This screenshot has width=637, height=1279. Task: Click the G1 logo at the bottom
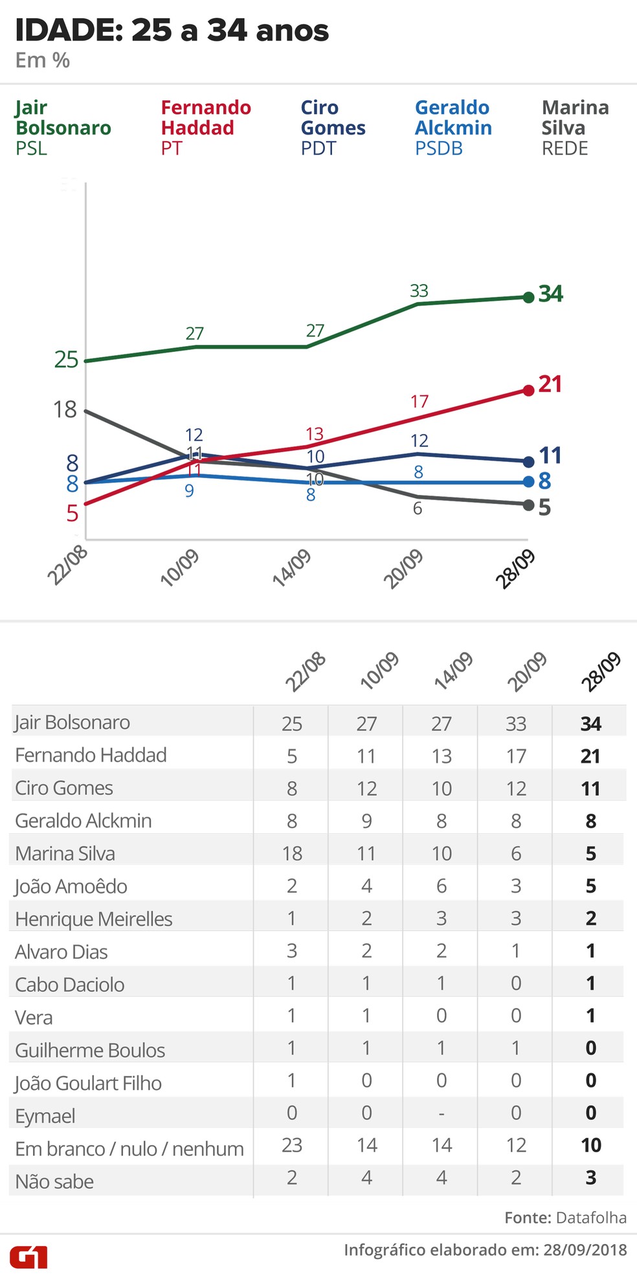click(29, 1257)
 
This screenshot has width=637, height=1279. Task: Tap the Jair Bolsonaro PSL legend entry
click(63, 127)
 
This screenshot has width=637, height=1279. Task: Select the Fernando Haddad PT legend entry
click(206, 127)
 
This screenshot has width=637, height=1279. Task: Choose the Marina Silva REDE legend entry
click(575, 127)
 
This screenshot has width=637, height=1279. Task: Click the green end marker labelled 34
click(528, 297)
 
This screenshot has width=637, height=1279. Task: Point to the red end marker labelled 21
click(528, 390)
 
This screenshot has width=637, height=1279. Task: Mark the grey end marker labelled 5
click(528, 505)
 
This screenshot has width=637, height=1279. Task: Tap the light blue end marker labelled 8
click(528, 482)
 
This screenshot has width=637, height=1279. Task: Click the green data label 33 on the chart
click(419, 291)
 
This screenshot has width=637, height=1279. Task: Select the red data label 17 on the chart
click(419, 402)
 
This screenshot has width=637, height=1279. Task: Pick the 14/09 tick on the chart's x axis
click(293, 568)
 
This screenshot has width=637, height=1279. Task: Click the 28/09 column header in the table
click(601, 673)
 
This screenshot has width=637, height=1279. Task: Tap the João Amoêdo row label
click(71, 886)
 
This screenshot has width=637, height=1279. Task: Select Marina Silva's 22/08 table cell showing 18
click(292, 853)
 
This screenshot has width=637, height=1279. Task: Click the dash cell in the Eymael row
click(441, 1113)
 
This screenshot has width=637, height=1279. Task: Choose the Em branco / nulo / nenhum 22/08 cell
click(292, 1145)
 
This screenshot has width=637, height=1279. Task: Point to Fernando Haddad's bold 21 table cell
click(590, 756)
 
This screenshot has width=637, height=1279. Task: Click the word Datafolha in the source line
click(591, 1218)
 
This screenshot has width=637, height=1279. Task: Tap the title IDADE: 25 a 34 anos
click(172, 30)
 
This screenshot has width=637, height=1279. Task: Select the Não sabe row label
click(54, 1182)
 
